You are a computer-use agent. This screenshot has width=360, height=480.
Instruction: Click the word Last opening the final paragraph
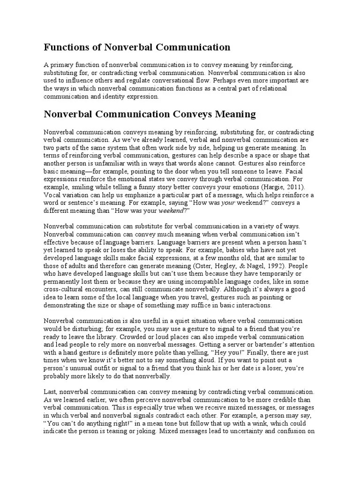click(x=50, y=391)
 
